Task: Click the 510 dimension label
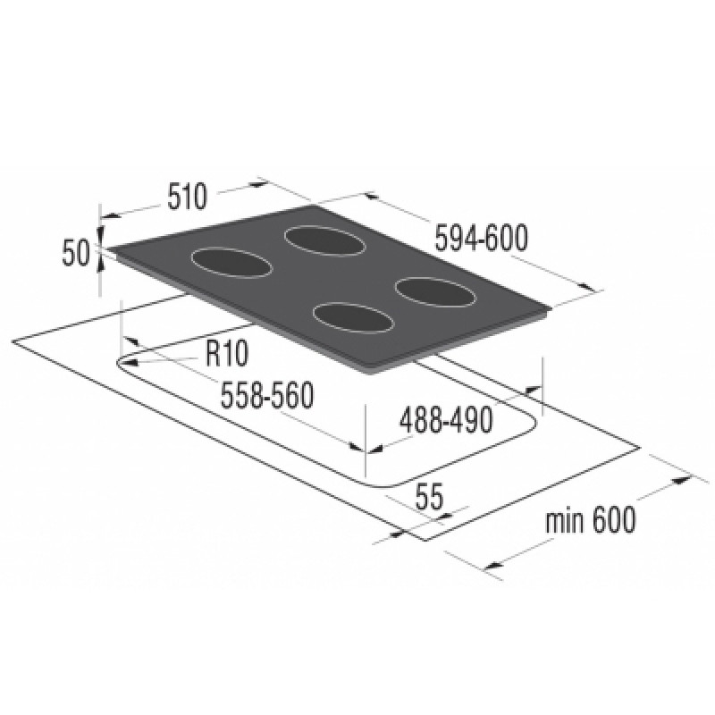[x=187, y=197]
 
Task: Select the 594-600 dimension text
[x=481, y=238]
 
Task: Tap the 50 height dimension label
[x=76, y=253]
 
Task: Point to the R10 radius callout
[x=226, y=353]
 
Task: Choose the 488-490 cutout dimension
[x=446, y=419]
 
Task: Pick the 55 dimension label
[x=429, y=498]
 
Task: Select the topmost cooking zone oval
[x=324, y=240]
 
